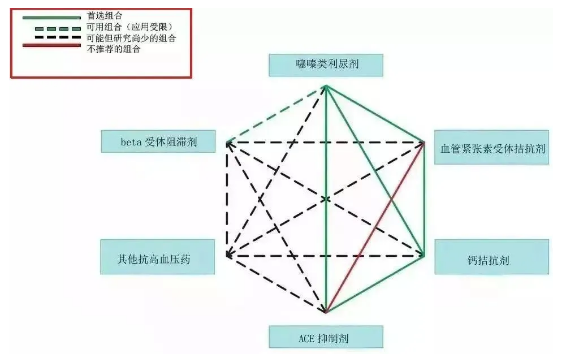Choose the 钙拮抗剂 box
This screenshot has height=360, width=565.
tap(491, 258)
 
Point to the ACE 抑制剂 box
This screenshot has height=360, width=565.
tap(326, 336)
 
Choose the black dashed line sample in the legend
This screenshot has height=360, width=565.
tap(44, 39)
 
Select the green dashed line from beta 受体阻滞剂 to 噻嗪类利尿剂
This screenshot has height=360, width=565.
tap(277, 114)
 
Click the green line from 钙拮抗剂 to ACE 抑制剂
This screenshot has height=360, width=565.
tap(376, 284)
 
